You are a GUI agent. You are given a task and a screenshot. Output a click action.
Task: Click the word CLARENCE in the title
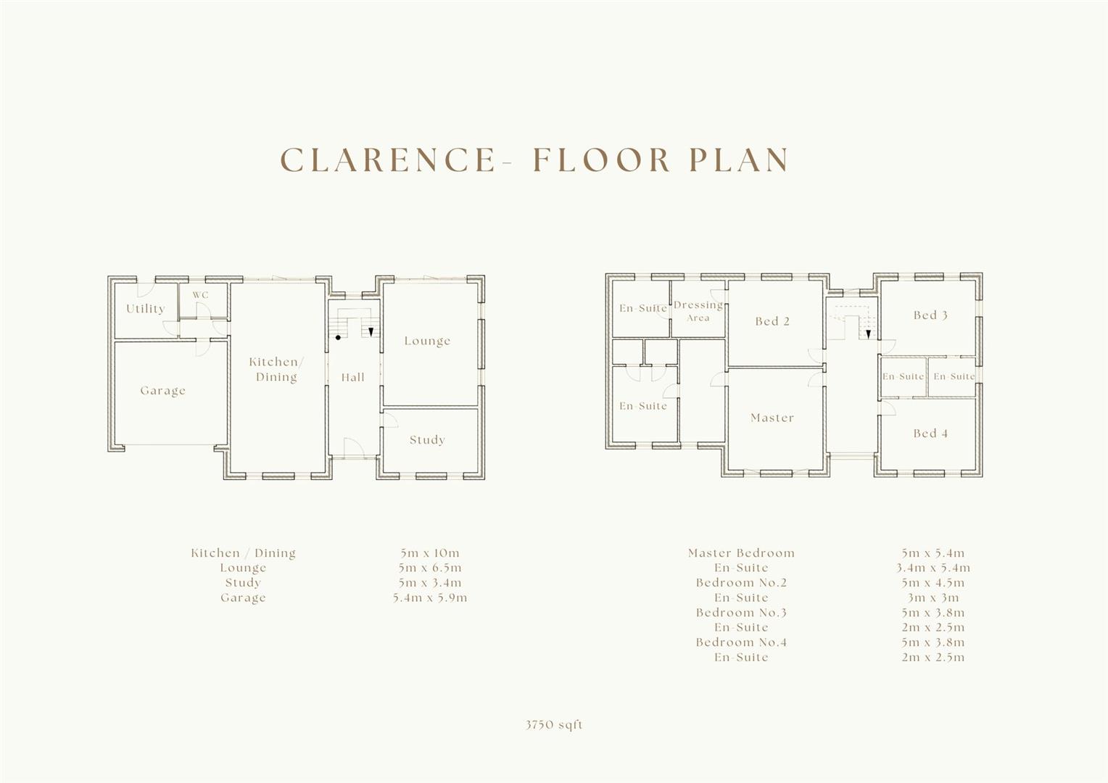[387, 160]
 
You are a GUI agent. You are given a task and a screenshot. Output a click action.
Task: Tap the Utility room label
[146, 309]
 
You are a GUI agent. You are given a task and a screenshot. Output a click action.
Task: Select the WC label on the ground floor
[200, 295]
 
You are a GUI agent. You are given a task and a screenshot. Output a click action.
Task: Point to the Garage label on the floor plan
[163, 391]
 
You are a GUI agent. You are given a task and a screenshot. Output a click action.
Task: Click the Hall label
[353, 377]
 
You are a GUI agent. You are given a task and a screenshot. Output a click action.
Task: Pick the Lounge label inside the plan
[427, 341]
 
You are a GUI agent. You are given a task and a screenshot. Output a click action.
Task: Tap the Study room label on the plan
[427, 440]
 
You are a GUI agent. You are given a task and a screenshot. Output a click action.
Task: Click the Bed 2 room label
[772, 321]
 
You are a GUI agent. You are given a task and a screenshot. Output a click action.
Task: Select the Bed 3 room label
[930, 315]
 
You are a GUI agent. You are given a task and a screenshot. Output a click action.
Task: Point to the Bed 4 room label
[930, 434]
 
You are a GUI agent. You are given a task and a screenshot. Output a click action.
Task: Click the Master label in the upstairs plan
[772, 418]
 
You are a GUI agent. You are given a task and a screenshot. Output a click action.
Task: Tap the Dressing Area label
[698, 311]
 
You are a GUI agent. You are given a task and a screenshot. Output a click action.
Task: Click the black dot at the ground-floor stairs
[338, 338]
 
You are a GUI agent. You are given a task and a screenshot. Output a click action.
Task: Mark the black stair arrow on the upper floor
[868, 334]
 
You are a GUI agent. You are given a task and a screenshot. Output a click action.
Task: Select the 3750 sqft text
[555, 725]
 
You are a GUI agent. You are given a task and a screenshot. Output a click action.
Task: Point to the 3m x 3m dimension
[933, 598]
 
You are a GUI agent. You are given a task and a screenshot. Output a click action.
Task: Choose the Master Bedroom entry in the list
[741, 553]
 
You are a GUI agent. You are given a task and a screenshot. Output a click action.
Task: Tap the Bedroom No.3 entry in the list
[741, 613]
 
